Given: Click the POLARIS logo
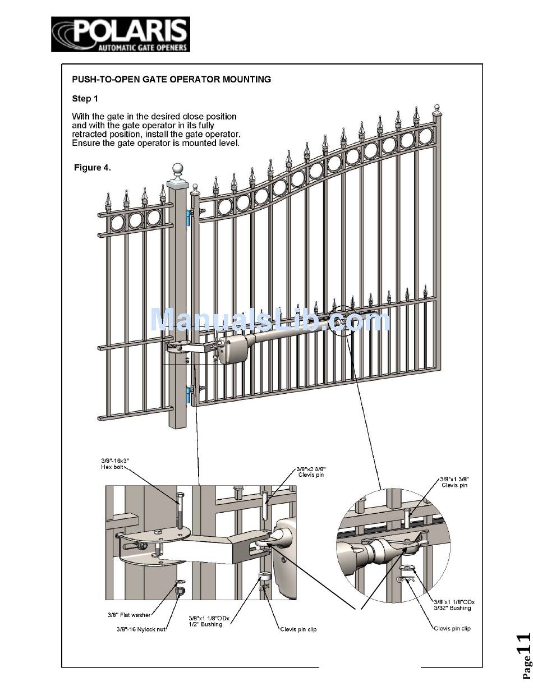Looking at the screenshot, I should coord(121,34).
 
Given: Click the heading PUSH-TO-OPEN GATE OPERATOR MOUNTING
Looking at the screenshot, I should coord(171,79).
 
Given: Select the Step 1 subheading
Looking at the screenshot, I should coord(85,99).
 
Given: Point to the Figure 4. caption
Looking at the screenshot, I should coord(93,168).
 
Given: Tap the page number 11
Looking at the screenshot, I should coord(523,651).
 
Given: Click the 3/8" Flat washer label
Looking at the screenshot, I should coord(129,615).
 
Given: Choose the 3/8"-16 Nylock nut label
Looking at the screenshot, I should coord(141,629).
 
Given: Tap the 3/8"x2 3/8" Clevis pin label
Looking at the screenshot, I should coord(311,472).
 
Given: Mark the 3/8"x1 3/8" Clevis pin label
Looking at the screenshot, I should coord(454,482).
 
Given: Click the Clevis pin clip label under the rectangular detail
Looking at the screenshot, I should coord(298,629).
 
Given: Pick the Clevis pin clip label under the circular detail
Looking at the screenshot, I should coord(452,628).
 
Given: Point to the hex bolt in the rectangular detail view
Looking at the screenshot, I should coord(179,510).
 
